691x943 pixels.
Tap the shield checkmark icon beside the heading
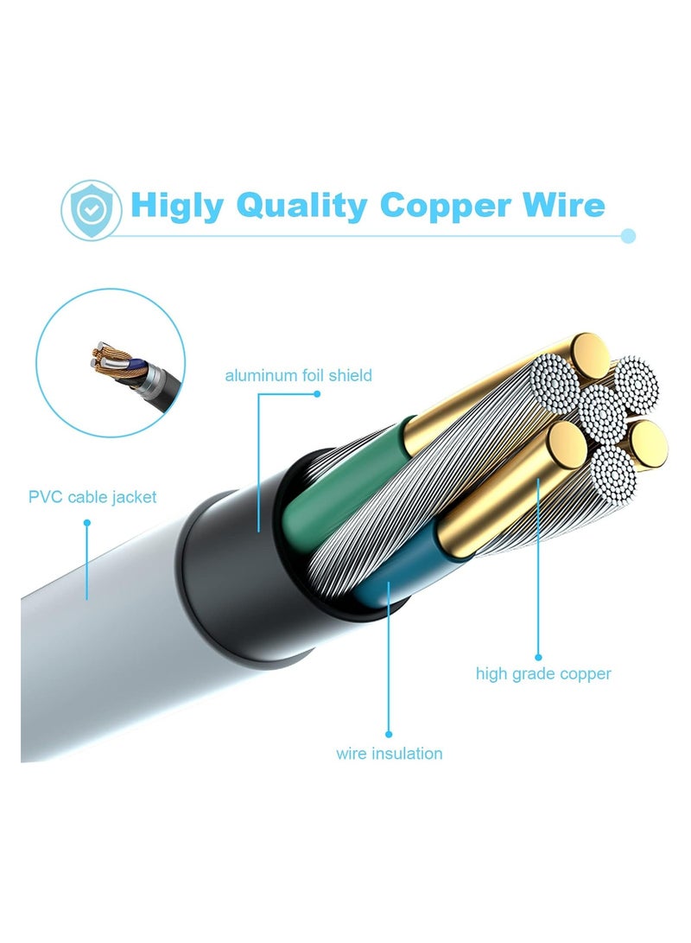coord(92,210)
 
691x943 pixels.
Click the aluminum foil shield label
coord(299,376)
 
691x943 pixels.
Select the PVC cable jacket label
coord(92,497)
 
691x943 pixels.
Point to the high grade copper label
coord(543,673)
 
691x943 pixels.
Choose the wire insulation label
coord(390,754)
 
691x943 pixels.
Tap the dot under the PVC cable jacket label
coord(87,523)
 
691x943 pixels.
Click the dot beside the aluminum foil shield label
coord(317,394)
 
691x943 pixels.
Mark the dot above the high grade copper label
coord(538,657)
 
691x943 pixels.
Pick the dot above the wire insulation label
coord(389,734)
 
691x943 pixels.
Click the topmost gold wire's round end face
coord(589,355)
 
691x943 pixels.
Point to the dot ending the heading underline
coord(628,236)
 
